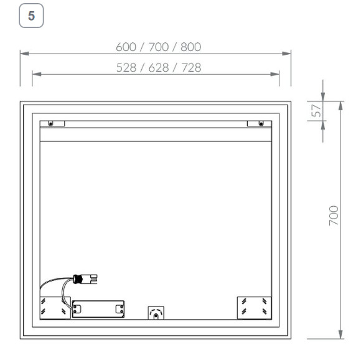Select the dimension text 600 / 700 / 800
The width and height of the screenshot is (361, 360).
pyautogui.click(x=159, y=47)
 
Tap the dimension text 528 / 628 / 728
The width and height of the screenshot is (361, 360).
pyautogui.click(x=159, y=67)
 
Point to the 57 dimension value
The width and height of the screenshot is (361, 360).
pyautogui.click(x=316, y=111)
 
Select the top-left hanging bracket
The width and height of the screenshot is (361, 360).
pyautogui.click(x=52, y=123)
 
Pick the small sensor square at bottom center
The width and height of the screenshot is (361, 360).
pyautogui.click(x=155, y=311)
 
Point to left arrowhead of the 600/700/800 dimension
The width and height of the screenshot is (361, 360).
pyautogui.click(x=24, y=54)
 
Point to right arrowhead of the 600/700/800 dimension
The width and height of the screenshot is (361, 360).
pyautogui.click(x=287, y=54)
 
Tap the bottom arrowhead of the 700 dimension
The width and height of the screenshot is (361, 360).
pyautogui.click(x=341, y=334)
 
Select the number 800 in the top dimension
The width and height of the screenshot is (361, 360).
pyautogui.click(x=190, y=47)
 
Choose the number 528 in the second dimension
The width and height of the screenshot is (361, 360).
pyautogui.click(x=127, y=67)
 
